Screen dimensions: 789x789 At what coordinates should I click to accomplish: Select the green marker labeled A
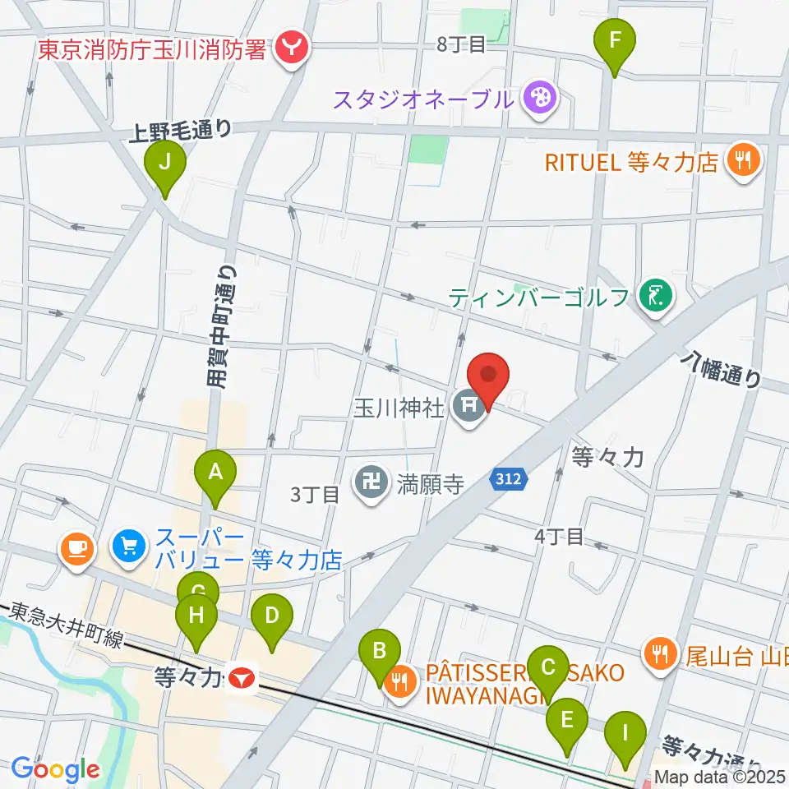click(215, 473)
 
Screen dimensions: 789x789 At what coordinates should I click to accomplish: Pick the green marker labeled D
click(271, 615)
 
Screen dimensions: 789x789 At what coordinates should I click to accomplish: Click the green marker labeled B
click(380, 651)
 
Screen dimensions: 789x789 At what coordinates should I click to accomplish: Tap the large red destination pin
click(489, 376)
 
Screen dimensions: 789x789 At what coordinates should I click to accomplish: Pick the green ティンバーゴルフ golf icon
click(655, 295)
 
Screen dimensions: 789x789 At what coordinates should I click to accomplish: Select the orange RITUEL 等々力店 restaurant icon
click(744, 160)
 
